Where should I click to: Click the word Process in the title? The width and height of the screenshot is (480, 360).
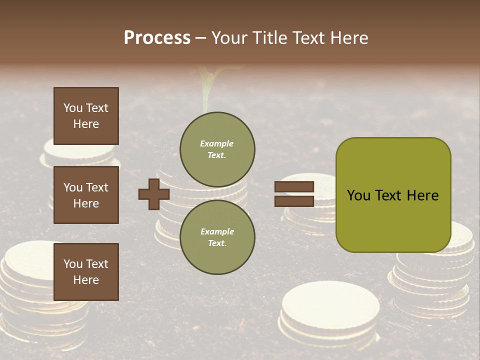[x=157, y=38]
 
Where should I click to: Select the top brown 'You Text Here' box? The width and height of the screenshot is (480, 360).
[x=86, y=116]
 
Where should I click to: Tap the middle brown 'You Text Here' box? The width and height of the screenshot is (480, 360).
[x=86, y=195]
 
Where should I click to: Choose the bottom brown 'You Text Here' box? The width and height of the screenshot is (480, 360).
[x=86, y=271]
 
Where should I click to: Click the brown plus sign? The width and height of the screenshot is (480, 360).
[x=153, y=194]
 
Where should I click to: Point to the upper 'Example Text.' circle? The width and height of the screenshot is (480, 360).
[x=217, y=149]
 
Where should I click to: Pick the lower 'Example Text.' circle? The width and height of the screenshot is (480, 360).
[x=217, y=237]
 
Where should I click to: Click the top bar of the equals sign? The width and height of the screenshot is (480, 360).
[x=294, y=186]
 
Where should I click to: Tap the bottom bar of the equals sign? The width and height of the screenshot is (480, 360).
[x=294, y=201]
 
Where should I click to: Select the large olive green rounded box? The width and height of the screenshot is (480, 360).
[x=393, y=195]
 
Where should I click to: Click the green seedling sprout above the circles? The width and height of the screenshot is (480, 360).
[x=205, y=87]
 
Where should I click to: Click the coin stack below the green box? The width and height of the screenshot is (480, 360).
[x=435, y=280]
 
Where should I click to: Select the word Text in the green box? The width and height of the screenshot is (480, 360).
[x=390, y=195]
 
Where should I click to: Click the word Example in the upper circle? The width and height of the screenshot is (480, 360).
[x=217, y=144]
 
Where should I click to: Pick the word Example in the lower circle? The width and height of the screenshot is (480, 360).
[x=217, y=232]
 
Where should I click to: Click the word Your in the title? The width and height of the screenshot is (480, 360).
[x=229, y=38]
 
